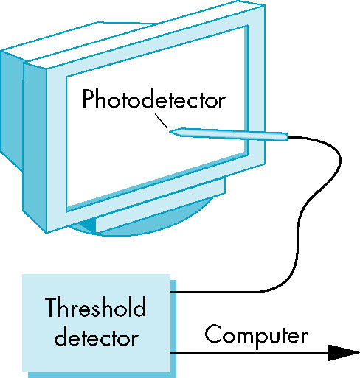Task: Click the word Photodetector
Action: point(153,99)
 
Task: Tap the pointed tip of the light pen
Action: point(170,132)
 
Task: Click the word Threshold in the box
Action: point(95,307)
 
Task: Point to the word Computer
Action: point(256,336)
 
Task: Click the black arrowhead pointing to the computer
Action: point(344,353)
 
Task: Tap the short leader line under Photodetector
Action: point(161,121)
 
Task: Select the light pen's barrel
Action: point(229,134)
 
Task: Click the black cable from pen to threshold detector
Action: point(299,221)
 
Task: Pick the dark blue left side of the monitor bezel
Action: point(35,147)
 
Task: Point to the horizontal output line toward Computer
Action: point(249,353)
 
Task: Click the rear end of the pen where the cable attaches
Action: point(287,137)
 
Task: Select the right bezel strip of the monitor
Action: point(256,86)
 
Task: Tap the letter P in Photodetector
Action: point(88,99)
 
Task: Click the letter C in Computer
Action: point(213,334)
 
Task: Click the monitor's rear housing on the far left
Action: point(12,109)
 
